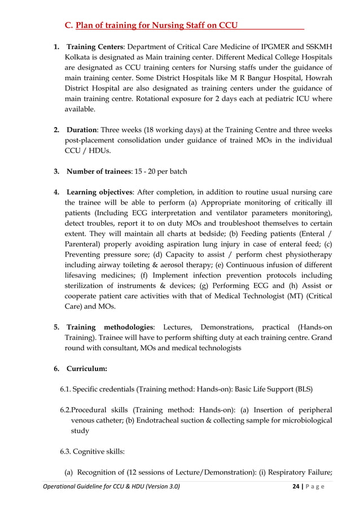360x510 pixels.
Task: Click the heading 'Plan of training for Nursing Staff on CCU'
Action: coord(156,25)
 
